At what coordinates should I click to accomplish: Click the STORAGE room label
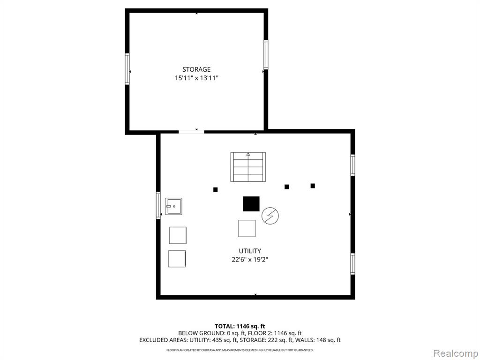(196, 69)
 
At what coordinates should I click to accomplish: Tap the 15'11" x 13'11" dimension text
(196, 78)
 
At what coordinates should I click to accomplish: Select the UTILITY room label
(250, 251)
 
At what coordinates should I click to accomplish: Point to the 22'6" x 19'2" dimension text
(250, 260)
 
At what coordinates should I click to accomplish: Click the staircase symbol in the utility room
(248, 167)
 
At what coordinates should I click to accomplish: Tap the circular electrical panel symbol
(270, 216)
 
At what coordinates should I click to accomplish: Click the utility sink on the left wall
(173, 206)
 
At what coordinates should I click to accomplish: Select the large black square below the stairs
(251, 204)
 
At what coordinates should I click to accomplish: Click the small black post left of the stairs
(216, 190)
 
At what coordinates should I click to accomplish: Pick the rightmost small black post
(313, 186)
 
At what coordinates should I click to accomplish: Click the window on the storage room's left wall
(127, 69)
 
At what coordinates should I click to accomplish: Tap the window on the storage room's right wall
(266, 54)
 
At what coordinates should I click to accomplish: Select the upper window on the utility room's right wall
(352, 165)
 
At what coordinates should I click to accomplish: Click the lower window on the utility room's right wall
(352, 264)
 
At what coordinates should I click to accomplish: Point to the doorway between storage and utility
(191, 132)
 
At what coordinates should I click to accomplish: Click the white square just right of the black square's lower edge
(247, 228)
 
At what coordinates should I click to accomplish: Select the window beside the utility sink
(158, 205)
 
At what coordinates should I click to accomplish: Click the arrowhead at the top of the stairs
(248, 154)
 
